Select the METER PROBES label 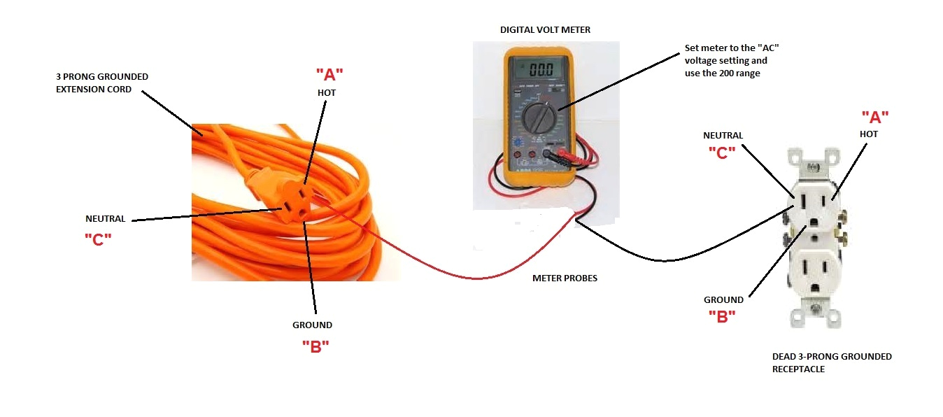565,278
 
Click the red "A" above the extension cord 329,74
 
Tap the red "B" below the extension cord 315,346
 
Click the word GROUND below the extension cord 312,325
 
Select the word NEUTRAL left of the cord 106,218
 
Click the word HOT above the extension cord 327,92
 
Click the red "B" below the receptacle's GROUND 722,317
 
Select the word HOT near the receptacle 868,134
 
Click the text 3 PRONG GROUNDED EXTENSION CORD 102,83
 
